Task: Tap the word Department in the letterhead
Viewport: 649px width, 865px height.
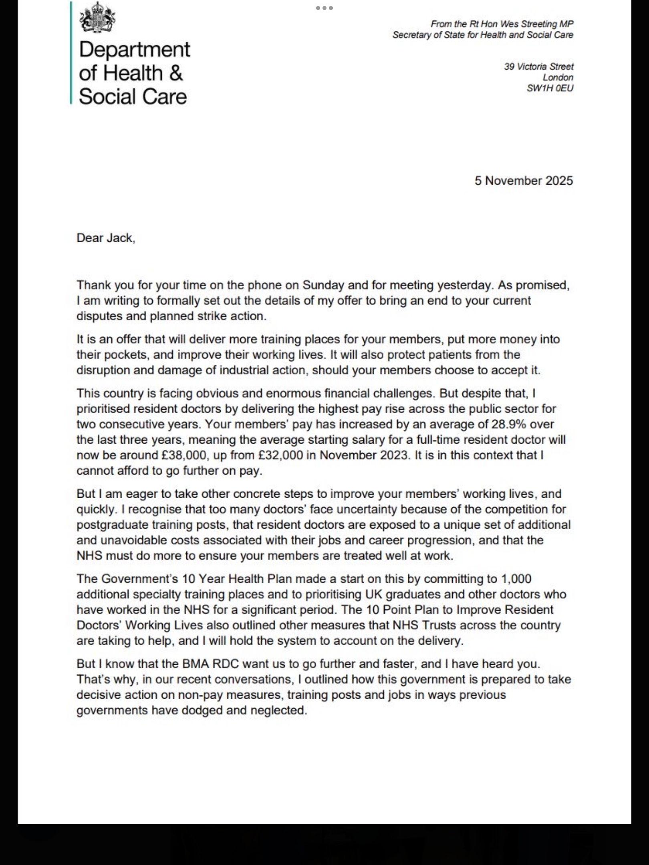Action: [x=134, y=50]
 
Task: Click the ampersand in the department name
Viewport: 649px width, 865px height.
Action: [x=175, y=73]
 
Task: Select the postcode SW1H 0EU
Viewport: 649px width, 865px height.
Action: [x=550, y=88]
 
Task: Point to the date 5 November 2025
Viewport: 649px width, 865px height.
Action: [x=524, y=181]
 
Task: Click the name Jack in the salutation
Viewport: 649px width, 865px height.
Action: [x=119, y=238]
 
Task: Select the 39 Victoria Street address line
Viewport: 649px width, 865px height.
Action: [x=538, y=66]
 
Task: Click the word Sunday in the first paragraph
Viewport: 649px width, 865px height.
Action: [x=323, y=285]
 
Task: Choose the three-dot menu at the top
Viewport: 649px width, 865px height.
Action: [x=324, y=8]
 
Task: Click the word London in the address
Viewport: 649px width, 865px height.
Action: [x=558, y=77]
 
